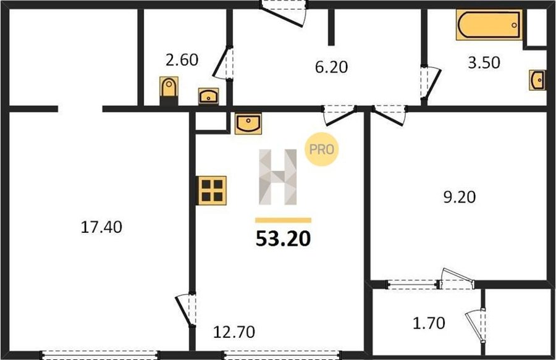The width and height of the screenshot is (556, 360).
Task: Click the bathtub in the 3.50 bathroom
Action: tap(489, 25)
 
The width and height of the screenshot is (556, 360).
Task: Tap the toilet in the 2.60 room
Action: tap(169, 90)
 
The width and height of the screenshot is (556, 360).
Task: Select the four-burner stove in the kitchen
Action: tap(212, 190)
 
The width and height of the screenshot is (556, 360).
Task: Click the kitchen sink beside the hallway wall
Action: tap(248, 123)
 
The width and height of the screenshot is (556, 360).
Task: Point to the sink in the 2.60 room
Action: tap(209, 96)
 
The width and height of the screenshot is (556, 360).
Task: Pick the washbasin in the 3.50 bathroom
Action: tap(537, 80)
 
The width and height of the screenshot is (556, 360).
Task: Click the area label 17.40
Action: tap(101, 227)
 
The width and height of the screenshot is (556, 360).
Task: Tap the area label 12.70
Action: tap(234, 332)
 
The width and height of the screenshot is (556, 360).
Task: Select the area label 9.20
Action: tap(460, 197)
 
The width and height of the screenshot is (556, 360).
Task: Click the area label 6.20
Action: tap(332, 67)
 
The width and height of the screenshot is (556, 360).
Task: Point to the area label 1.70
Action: tap(429, 323)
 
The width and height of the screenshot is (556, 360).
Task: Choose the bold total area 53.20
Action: tap(284, 238)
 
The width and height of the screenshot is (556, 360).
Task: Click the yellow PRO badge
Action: tap(322, 149)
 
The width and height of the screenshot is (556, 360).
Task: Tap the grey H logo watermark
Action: tap(277, 177)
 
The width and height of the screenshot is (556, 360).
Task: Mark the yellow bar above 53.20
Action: tap(284, 220)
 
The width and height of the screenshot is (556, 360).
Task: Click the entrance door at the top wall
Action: tap(282, 14)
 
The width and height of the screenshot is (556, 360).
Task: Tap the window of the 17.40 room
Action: tap(99, 354)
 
